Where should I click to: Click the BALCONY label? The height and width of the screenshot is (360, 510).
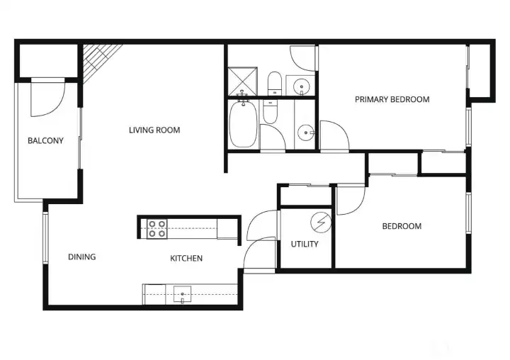pyautogui.click(x=45, y=140)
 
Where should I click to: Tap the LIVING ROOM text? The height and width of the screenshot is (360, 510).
pyautogui.click(x=154, y=130)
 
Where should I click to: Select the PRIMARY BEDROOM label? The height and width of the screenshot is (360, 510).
pyautogui.click(x=392, y=99)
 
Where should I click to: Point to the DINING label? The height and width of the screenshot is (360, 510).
pyautogui.click(x=81, y=257)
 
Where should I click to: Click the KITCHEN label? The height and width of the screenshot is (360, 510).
pyautogui.click(x=186, y=258)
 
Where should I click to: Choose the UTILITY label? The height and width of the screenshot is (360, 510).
pyautogui.click(x=305, y=244)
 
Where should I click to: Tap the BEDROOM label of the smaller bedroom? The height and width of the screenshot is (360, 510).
pyautogui.click(x=402, y=226)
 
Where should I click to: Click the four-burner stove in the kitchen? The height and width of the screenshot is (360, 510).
pyautogui.click(x=157, y=228)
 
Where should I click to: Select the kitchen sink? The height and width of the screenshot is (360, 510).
pyautogui.click(x=183, y=293)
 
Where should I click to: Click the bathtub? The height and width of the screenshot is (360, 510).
pyautogui.click(x=243, y=125)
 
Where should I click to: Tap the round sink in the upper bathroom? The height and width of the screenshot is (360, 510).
pyautogui.click(x=302, y=88)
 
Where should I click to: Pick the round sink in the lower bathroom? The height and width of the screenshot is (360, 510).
pyautogui.click(x=305, y=132)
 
